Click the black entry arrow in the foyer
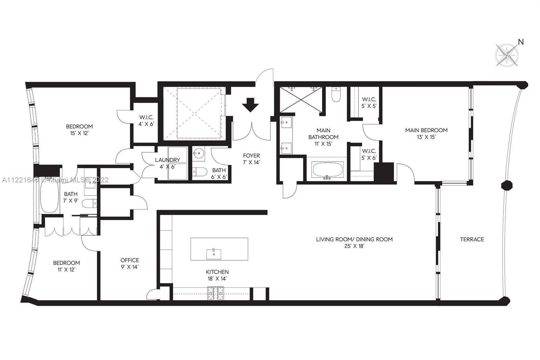250,105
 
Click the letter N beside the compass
521,42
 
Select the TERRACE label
472,239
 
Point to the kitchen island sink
214,254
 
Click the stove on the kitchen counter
216,293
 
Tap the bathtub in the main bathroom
328,170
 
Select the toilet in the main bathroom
336,95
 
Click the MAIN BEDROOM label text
426,130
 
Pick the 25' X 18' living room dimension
354,246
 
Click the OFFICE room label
130,260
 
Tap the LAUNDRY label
167,160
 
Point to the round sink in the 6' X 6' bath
199,153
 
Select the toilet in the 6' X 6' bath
200,172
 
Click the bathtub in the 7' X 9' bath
49,197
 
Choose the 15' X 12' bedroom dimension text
79,133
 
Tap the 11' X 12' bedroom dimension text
66,270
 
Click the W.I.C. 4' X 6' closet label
146,121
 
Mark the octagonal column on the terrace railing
507,185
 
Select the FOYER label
251,156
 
